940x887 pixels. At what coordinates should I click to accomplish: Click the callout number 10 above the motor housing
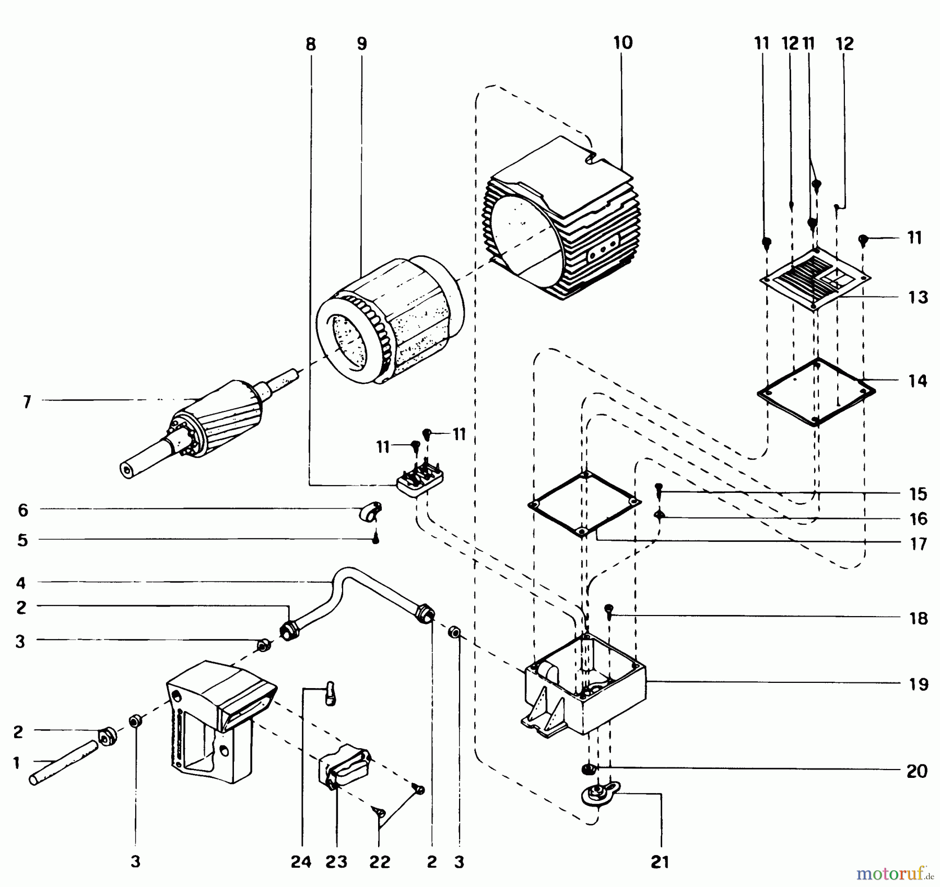tap(622, 42)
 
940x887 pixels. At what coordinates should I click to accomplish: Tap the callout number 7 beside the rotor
tap(27, 401)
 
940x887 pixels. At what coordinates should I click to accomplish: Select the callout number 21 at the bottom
tap(660, 861)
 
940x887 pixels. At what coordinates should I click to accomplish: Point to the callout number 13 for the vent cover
tap(918, 297)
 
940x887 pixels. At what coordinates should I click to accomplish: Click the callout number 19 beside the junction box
tap(918, 684)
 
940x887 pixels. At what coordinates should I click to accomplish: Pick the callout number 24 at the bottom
tap(301, 861)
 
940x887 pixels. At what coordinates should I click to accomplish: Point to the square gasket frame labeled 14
tap(816, 392)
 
